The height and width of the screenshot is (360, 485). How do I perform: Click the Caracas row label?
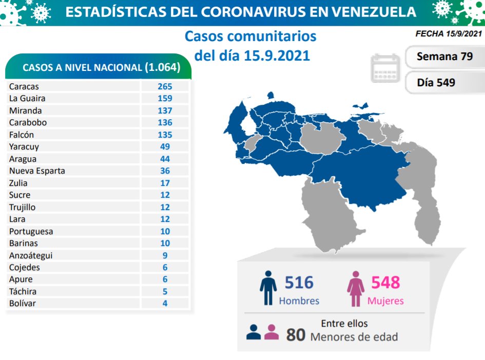tap(24, 87)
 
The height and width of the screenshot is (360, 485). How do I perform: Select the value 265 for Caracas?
tap(165, 86)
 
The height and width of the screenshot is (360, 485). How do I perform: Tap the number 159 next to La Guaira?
tap(165, 98)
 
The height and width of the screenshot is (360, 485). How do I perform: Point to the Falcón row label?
tap(22, 135)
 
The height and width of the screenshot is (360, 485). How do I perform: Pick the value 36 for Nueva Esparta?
tap(165, 170)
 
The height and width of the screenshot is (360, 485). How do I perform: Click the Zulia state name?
tap(18, 183)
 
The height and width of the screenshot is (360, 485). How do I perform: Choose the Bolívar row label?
tap(22, 303)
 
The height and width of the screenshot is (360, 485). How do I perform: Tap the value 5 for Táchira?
tap(165, 291)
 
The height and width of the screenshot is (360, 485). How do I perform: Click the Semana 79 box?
tap(444, 56)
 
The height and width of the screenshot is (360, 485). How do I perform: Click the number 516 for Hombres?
tap(298, 282)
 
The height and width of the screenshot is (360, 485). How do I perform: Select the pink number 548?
tap(385, 282)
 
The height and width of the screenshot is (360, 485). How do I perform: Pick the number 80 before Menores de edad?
tap(296, 335)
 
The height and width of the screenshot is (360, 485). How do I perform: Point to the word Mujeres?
tap(385, 301)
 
